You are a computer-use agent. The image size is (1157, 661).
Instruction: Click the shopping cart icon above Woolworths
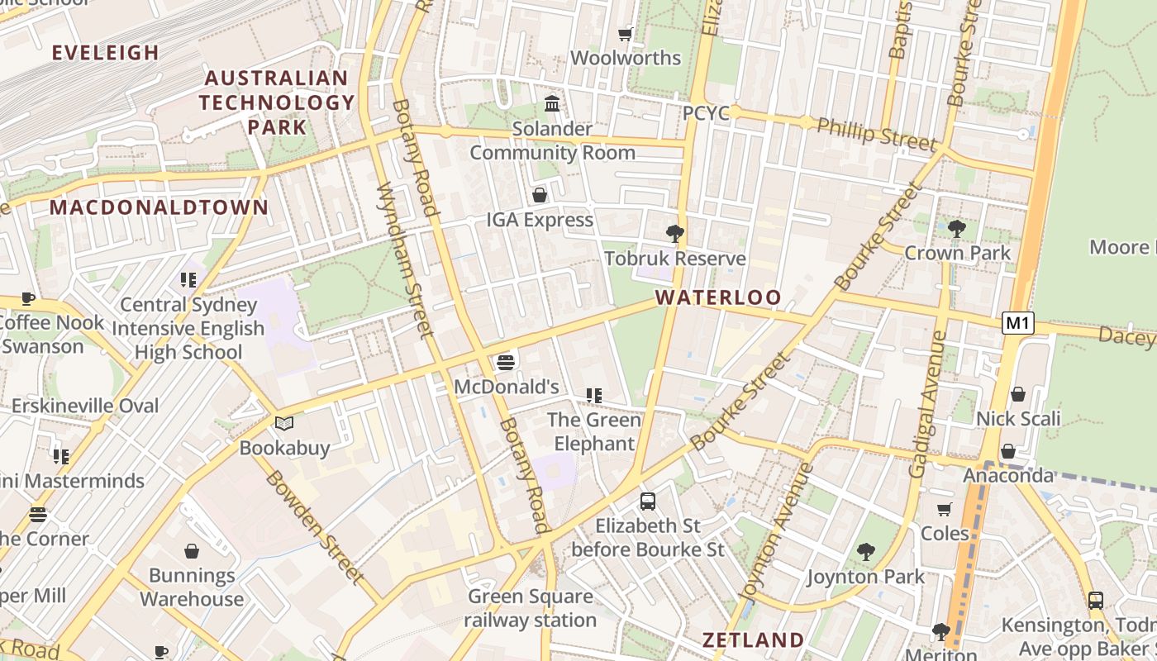pos(626,34)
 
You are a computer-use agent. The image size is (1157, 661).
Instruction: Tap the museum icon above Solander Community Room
pos(552,104)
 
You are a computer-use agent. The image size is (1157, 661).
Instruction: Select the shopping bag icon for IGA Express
pos(540,195)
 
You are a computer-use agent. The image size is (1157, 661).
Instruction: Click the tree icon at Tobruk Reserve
pos(675,234)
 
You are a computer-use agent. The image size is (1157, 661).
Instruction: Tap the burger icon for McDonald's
pos(506,362)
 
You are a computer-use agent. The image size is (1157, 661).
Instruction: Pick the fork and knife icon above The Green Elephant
pos(593,396)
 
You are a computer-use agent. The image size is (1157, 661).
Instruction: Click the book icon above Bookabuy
pos(284,424)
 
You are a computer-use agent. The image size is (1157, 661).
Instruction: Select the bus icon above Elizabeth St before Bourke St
pos(648,501)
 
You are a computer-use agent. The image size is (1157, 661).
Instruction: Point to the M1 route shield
pos(1018,323)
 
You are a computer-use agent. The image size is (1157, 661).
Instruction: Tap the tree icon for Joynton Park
pos(866,551)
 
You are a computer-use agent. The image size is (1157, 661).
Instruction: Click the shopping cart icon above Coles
pos(945,509)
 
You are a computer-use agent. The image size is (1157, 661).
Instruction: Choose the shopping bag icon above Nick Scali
pos(1018,394)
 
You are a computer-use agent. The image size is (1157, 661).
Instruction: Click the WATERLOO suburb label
pos(717,297)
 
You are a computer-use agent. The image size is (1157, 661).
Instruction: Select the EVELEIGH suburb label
pos(105,53)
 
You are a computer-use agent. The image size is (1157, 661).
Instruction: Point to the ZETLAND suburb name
pos(752,640)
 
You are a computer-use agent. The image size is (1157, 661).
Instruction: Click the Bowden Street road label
pos(314,527)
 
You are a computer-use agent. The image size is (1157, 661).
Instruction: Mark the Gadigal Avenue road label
pos(928,404)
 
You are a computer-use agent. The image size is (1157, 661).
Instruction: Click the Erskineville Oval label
pos(84,406)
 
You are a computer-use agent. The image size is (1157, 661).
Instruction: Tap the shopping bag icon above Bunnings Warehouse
pos(192,551)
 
